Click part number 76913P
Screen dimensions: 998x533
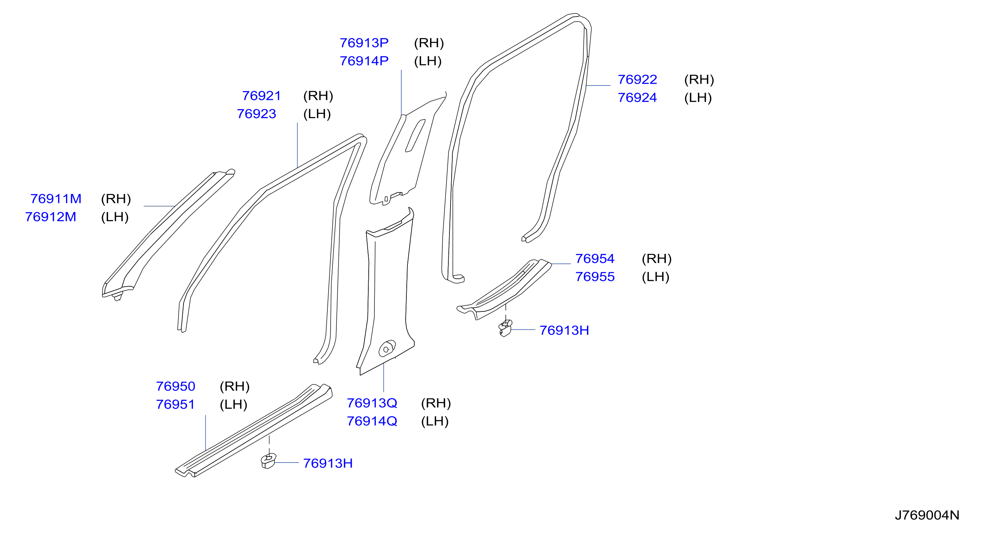tap(364, 43)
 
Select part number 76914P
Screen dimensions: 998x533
tap(364, 61)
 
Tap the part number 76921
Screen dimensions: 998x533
tap(261, 96)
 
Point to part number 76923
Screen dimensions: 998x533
tap(256, 113)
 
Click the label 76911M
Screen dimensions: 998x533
tap(56, 199)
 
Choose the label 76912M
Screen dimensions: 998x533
tap(50, 217)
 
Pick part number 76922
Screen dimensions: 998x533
tap(637, 79)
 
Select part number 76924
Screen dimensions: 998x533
tap(637, 98)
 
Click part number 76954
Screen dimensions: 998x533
tap(595, 259)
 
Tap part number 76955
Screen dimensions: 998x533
tap(595, 277)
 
